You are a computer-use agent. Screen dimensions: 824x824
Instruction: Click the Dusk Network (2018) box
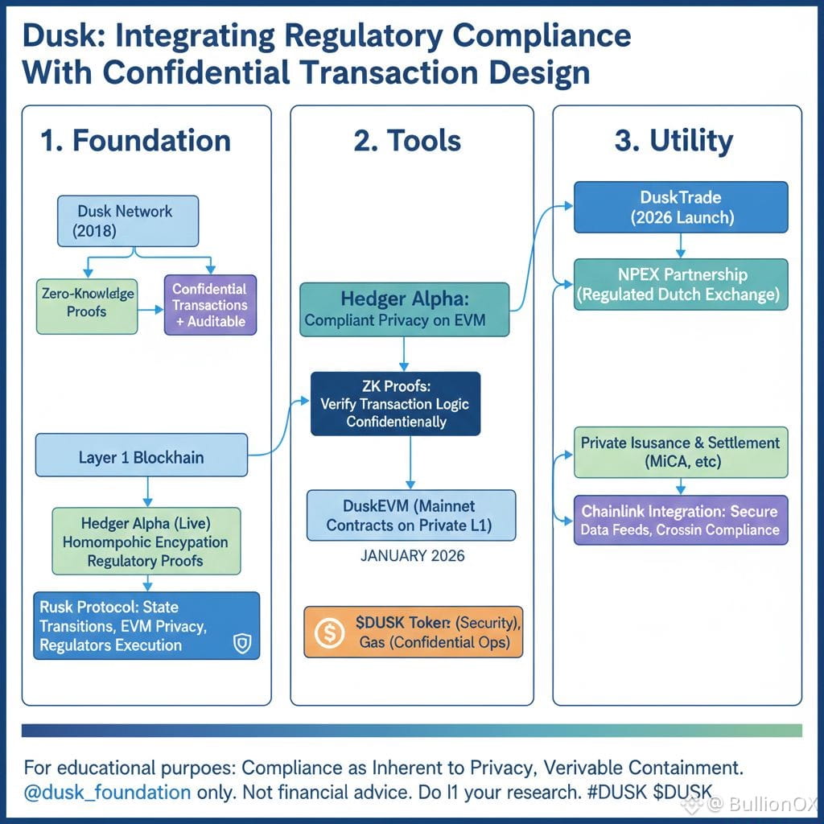[x=126, y=220]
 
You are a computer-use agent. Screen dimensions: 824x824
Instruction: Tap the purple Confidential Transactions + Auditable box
[x=209, y=305]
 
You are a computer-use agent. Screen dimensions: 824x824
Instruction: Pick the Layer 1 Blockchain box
[x=142, y=457]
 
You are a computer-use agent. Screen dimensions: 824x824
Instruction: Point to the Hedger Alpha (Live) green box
[x=146, y=541]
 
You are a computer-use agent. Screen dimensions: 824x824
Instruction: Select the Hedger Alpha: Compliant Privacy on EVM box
[x=405, y=309]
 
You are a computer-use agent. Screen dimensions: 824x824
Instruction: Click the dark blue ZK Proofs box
[x=395, y=403]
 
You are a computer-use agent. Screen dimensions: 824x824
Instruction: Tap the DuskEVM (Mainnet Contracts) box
[x=411, y=515]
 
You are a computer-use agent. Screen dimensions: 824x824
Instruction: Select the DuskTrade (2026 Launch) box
[x=681, y=208]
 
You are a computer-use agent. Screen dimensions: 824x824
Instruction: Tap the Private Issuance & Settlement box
[x=680, y=452]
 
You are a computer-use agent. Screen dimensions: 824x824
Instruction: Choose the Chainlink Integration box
[x=680, y=520]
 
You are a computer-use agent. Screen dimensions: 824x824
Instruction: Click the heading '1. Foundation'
[x=135, y=141]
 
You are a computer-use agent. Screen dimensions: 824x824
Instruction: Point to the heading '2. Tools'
[x=407, y=141]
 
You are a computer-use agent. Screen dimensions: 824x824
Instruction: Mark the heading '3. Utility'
[x=674, y=142]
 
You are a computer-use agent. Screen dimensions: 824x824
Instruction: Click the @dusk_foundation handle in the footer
[x=107, y=792]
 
